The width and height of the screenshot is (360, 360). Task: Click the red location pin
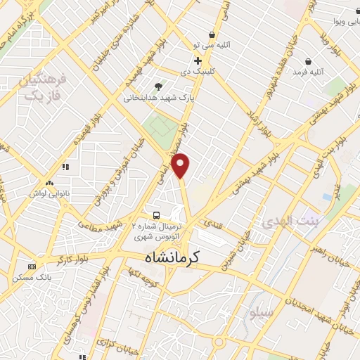[181, 165]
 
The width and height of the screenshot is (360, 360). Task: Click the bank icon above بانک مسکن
[31, 266]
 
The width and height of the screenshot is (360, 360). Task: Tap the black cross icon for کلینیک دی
[198, 60]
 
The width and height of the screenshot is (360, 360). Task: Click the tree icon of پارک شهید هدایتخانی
[158, 86]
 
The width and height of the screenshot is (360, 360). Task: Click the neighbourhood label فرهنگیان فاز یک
[44, 88]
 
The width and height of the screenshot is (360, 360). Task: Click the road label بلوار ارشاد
[258, 125]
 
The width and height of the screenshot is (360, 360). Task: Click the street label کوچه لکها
[149, 275]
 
